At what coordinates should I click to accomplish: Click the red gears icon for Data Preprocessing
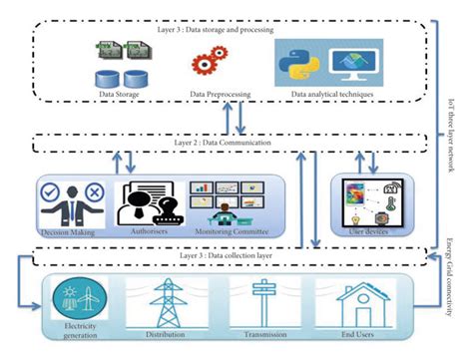tap(207, 63)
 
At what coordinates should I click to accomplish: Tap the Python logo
tap(298, 61)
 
